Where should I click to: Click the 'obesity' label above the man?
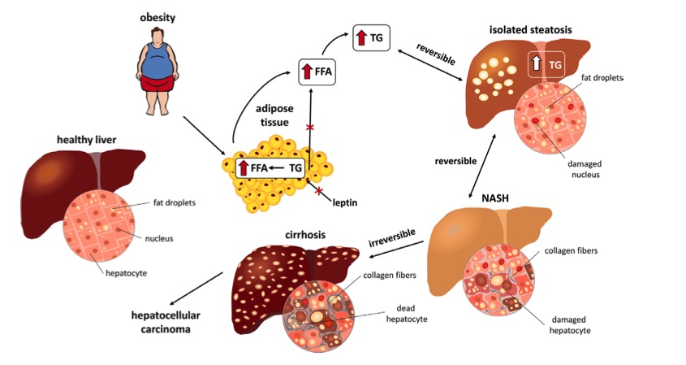coord(158,17)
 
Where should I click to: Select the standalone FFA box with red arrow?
coord(318,71)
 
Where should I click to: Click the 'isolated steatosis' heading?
coord(530,29)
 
